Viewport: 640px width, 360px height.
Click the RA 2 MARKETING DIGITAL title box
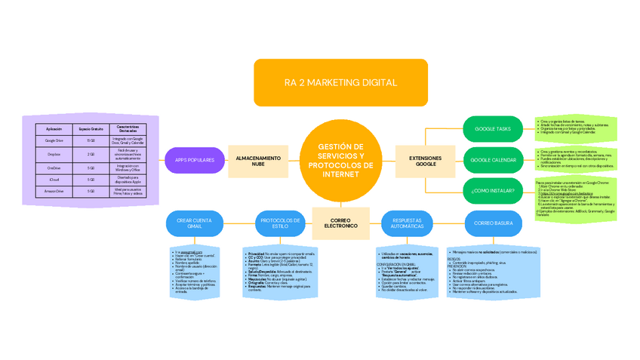[x=340, y=82]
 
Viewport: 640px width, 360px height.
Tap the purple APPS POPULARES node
[x=195, y=160]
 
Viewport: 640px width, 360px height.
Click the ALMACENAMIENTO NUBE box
[x=259, y=161]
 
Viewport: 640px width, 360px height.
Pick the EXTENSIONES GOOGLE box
[x=426, y=161]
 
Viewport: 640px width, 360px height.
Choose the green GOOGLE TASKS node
[x=493, y=129]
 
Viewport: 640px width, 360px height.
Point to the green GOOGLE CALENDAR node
[x=493, y=160]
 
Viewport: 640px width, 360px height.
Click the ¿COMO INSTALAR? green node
[x=493, y=191]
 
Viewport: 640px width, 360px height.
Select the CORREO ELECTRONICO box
[x=340, y=222]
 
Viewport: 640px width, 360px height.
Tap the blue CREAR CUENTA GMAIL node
[x=194, y=223]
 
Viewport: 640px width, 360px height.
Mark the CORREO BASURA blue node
[x=493, y=223]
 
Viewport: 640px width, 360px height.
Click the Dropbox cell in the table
[x=54, y=154]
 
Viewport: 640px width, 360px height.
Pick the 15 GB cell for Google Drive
[x=91, y=140]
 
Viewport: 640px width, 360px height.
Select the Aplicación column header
[x=54, y=129]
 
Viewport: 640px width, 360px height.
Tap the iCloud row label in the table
[x=54, y=180]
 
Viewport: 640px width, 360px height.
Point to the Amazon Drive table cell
[x=54, y=192]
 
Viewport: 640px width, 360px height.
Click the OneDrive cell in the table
[x=54, y=167]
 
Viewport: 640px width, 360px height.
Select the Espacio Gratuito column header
[x=91, y=129]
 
